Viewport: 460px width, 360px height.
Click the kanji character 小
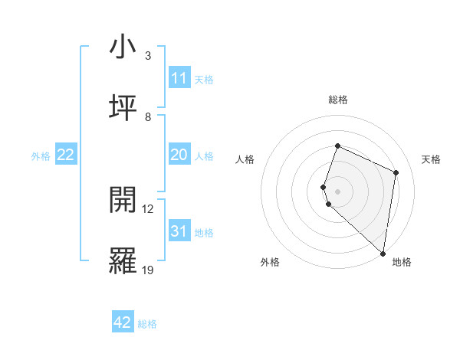tap(123, 47)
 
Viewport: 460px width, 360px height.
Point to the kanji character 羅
tap(123, 260)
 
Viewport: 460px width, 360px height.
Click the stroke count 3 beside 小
tap(148, 56)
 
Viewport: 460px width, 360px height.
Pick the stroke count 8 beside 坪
tap(148, 116)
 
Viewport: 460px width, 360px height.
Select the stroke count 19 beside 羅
tap(148, 269)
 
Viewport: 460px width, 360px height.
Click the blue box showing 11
tap(179, 78)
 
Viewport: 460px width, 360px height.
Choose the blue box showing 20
tap(179, 155)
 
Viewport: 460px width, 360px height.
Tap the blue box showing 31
tap(179, 231)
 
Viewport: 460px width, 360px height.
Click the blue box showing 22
tap(66, 155)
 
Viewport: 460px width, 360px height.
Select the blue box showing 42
tap(123, 322)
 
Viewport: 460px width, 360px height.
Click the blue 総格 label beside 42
tap(147, 324)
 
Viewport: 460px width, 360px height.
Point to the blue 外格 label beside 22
tap(41, 156)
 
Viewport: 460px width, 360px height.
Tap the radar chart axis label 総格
tap(337, 100)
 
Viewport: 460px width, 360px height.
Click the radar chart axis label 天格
tap(432, 159)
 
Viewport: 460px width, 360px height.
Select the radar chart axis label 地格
tap(402, 263)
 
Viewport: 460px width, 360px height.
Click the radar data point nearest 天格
tap(396, 172)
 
